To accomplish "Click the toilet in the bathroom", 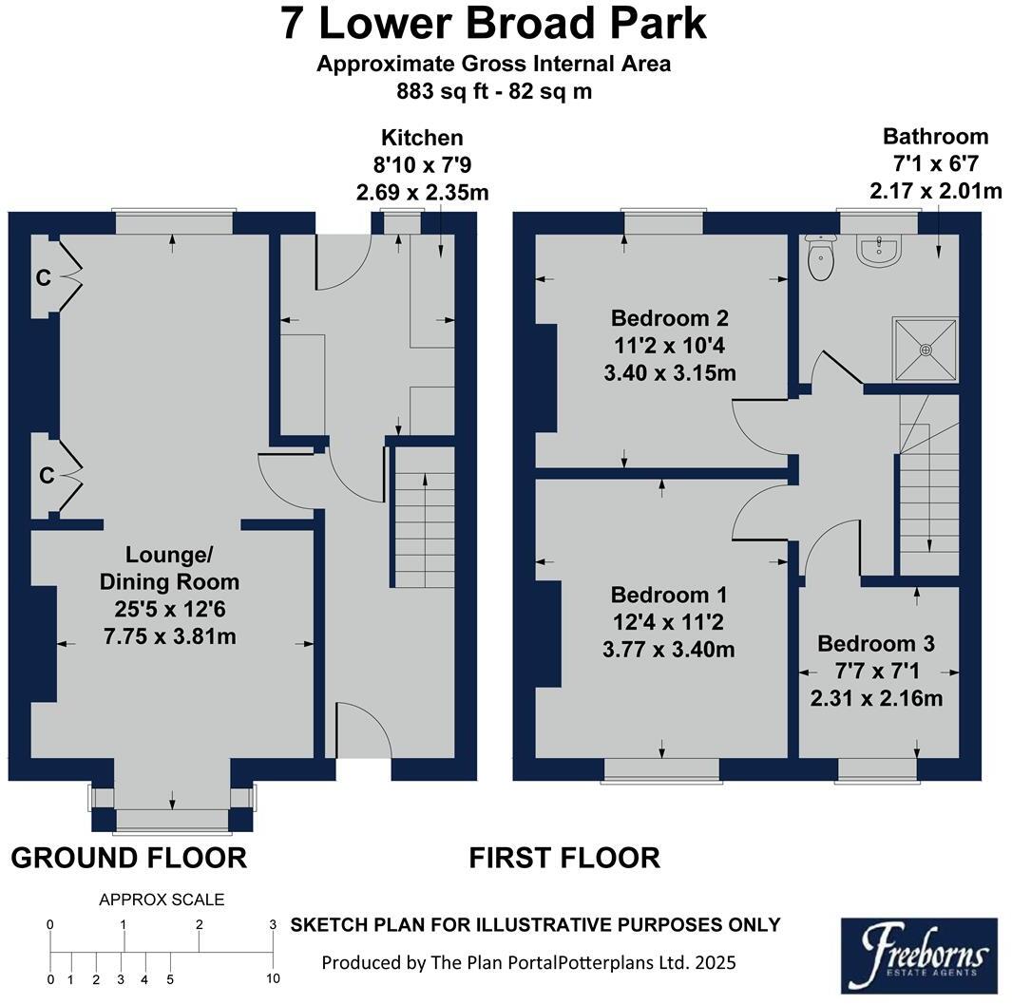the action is [821, 257].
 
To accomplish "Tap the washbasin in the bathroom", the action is [878, 250].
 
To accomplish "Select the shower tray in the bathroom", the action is [926, 350].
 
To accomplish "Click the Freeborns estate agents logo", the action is [919, 956].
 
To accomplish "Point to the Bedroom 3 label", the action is [876, 643].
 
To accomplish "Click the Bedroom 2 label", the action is [669, 318].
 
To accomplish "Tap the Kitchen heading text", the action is [422, 138].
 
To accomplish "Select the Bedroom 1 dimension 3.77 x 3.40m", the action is [669, 649].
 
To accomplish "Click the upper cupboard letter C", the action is [44, 278].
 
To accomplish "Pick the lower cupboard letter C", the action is [47, 476].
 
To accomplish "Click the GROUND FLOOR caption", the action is [129, 858].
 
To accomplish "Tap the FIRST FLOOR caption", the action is [564, 858].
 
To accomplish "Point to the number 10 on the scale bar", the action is [273, 978].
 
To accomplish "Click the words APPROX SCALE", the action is [162, 900].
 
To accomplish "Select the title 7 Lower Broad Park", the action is [494, 23].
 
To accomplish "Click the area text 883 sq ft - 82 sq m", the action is [494, 91].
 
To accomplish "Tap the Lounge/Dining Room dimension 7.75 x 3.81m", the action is [170, 636].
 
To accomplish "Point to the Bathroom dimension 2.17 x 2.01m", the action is [936, 191].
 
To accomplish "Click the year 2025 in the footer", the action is [716, 963].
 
